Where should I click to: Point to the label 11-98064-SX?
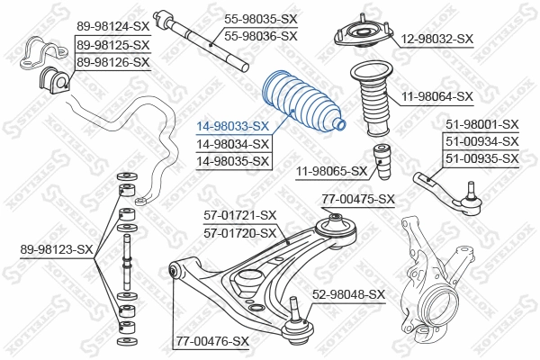click(438, 95)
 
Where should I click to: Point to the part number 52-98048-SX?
click(349, 294)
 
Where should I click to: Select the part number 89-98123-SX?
click(56, 248)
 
